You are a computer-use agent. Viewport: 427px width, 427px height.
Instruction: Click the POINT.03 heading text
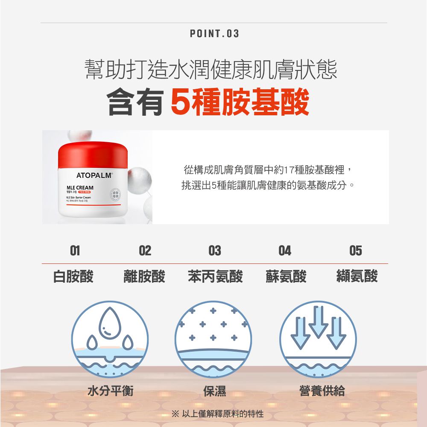(x=214, y=33)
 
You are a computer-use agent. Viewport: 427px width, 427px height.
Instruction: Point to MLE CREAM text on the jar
(x=79, y=188)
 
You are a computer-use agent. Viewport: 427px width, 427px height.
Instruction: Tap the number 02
(x=145, y=251)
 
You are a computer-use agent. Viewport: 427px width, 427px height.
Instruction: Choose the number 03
(x=214, y=251)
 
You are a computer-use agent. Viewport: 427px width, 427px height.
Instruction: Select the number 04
(x=285, y=251)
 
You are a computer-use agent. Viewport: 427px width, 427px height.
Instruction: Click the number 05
(x=355, y=251)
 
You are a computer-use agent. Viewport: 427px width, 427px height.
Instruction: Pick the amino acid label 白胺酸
(x=73, y=276)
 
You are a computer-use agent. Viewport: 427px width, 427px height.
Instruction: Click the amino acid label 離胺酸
(x=144, y=276)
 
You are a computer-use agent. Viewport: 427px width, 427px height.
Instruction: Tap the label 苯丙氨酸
(x=215, y=276)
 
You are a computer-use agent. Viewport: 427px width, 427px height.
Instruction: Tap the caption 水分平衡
(x=111, y=390)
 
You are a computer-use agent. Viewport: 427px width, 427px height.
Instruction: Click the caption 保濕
(x=214, y=390)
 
